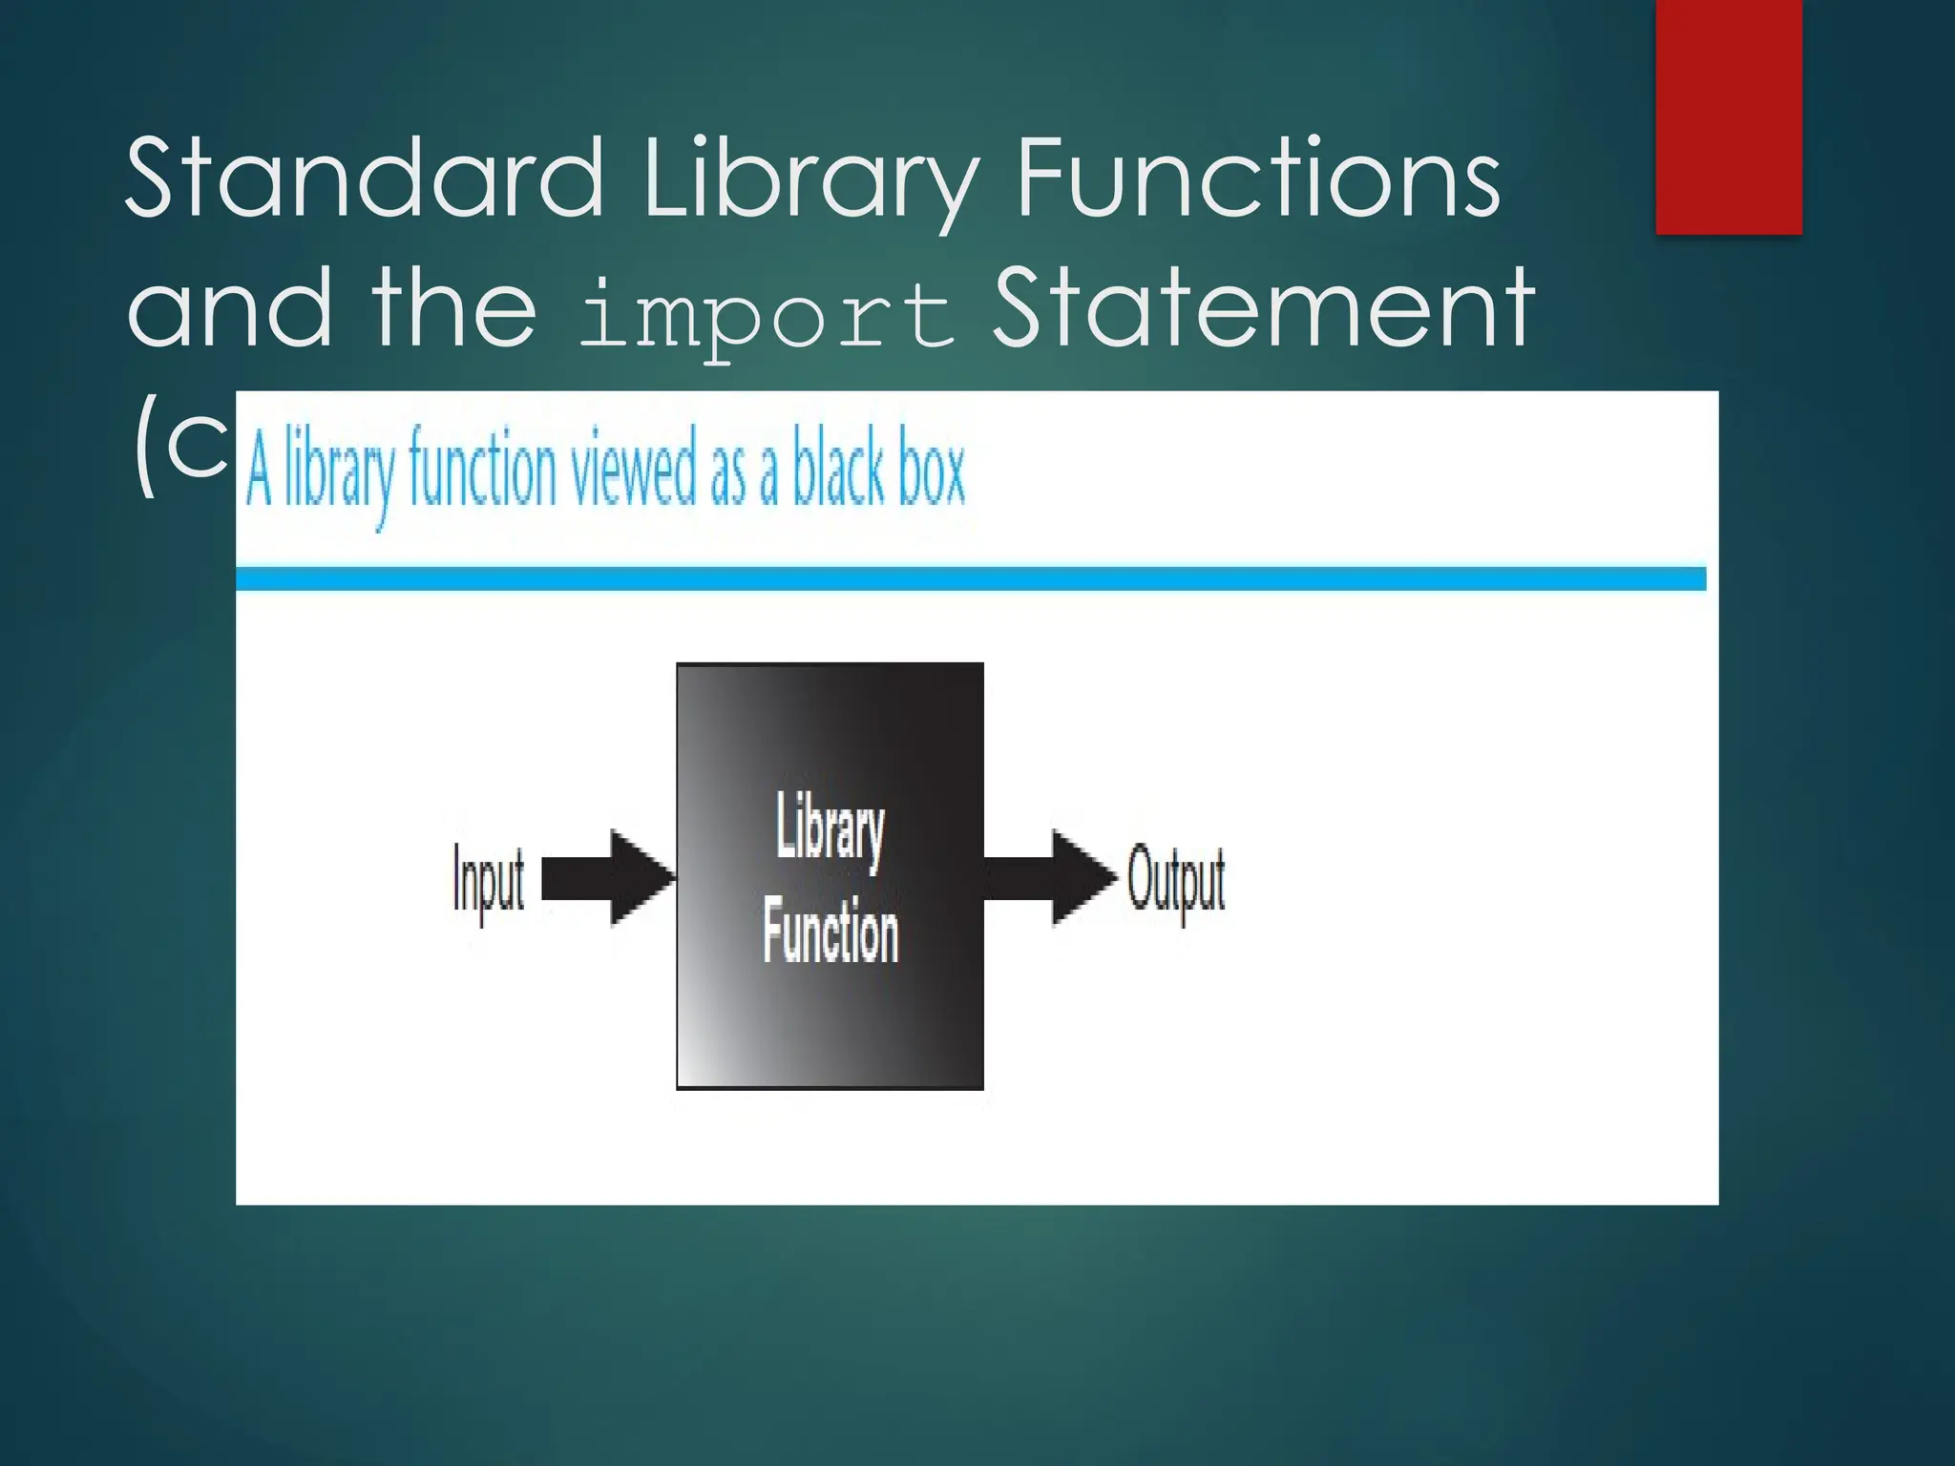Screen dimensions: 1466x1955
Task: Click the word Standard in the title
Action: pyautogui.click(x=364, y=178)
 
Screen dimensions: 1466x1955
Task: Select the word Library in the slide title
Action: pyautogui.click(x=810, y=181)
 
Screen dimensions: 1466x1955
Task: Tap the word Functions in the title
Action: pyautogui.click(x=1258, y=178)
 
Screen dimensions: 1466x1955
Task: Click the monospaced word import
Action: pyautogui.click(x=767, y=316)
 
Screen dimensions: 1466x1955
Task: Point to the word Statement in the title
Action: pyautogui.click(x=1263, y=307)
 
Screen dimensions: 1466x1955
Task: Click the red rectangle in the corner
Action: pyautogui.click(x=1728, y=116)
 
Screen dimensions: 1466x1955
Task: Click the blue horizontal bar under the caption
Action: pyautogui.click(x=970, y=578)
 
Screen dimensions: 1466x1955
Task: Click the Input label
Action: pyautogui.click(x=488, y=881)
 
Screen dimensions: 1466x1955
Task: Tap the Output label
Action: pyautogui.click(x=1176, y=879)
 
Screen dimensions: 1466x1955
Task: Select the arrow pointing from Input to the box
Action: pyautogui.click(x=608, y=877)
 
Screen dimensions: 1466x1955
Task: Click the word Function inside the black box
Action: pyautogui.click(x=830, y=931)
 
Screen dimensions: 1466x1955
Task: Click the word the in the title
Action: pyautogui.click(x=454, y=307)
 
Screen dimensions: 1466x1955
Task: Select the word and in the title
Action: pyautogui.click(x=230, y=307)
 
